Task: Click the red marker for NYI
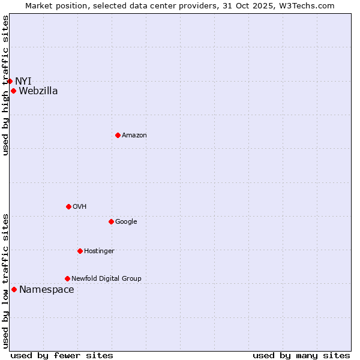(x=10, y=81)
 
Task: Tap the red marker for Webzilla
(x=13, y=91)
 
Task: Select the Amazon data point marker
(x=118, y=136)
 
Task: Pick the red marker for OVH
(x=68, y=207)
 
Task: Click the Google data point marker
(x=111, y=222)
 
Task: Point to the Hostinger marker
(x=80, y=251)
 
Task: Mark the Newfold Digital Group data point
(x=67, y=279)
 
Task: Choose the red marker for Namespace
(x=14, y=290)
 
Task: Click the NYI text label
(x=23, y=81)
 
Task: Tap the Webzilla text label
(x=38, y=91)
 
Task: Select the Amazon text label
(x=134, y=136)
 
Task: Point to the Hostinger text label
(x=99, y=251)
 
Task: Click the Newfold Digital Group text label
(x=106, y=279)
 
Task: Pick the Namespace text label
(x=47, y=290)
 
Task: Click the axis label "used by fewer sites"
(x=62, y=356)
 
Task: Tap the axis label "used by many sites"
(x=301, y=356)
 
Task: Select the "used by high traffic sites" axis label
(x=5, y=85)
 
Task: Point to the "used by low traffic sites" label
(x=5, y=281)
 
